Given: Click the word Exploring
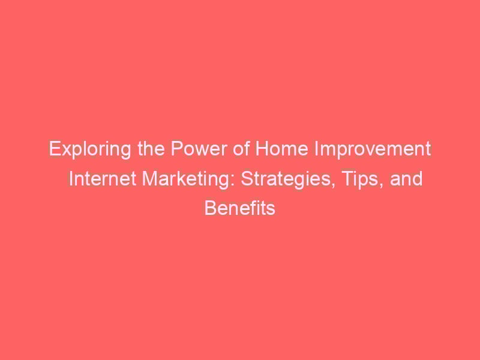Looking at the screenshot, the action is coord(91,149).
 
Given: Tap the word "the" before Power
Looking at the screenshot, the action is coord(151,148).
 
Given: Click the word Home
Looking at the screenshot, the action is coord(281,149).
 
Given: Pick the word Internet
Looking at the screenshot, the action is coord(102,178).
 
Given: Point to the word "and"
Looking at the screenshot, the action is coord(406,178).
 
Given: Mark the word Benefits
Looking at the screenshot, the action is coord(240,208).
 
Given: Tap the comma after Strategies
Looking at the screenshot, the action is coord(333,185).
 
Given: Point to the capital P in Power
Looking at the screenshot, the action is coord(177,149).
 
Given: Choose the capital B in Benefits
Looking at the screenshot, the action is coord(211,208).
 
